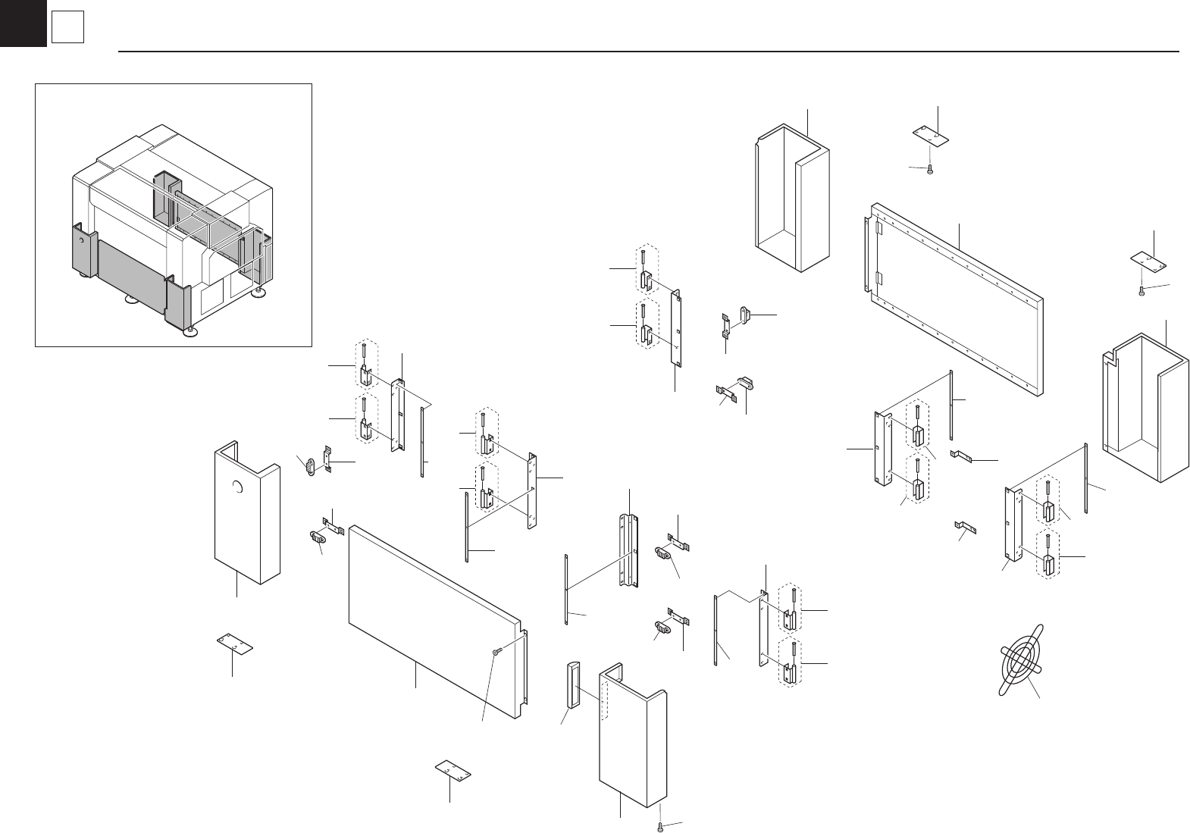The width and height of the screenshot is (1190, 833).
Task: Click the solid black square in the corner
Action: pyautogui.click(x=23, y=23)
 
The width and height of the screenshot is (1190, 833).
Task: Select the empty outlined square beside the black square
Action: pyautogui.click(x=67, y=29)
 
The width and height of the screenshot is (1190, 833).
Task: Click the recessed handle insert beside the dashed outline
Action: pyautogui.click(x=573, y=684)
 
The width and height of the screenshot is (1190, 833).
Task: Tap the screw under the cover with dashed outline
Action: pyautogui.click(x=662, y=825)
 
